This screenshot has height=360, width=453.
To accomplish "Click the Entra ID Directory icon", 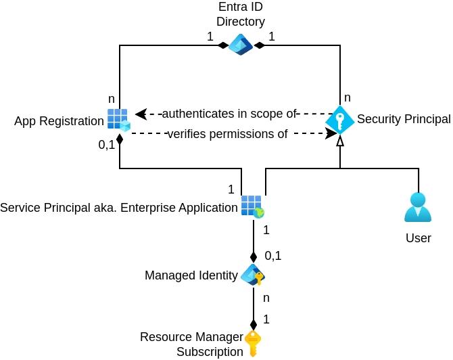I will point(240,45).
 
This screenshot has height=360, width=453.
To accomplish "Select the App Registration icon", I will point(118,120).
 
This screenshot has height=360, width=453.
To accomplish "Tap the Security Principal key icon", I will point(340,120).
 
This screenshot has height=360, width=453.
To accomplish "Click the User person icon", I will point(418,208).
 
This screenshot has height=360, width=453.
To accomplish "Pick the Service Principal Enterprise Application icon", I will point(252,206).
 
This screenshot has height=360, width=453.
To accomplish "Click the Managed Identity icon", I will point(253,275).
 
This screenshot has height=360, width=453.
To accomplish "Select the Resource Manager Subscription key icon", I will point(253,343).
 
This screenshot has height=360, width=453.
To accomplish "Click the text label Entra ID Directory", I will point(241,14).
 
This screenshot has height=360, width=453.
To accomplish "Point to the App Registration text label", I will point(59,122).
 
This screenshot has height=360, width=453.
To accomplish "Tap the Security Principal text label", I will point(404,120).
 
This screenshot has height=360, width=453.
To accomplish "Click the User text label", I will point(419,238).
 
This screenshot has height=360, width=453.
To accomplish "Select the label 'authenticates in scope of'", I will point(229,113).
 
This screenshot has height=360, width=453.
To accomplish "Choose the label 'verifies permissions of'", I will point(227,134).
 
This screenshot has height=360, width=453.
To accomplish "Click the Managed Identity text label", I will point(191,275).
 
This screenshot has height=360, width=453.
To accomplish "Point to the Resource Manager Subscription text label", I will point(191,344).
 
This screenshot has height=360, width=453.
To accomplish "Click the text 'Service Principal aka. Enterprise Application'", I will point(119,207).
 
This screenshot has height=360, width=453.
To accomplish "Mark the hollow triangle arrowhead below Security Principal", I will point(340,141).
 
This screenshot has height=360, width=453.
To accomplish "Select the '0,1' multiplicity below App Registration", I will point(107,144).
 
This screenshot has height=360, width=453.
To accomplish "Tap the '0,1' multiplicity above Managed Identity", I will point(272,256).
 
